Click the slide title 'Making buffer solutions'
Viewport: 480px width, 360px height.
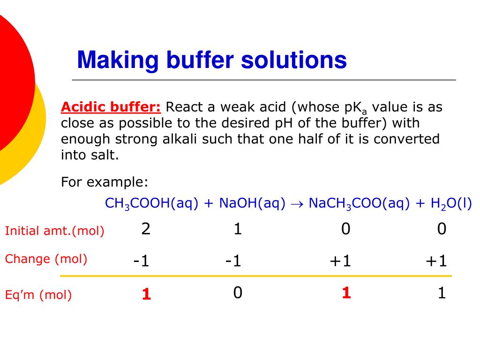tap(212, 60)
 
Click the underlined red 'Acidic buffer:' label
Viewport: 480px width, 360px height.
tap(111, 107)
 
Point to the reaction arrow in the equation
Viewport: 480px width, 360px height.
tap(297, 204)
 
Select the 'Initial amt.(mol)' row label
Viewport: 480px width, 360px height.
tap(54, 231)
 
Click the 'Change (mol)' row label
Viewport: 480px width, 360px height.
tap(46, 259)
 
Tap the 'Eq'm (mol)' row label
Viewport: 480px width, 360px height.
tap(38, 295)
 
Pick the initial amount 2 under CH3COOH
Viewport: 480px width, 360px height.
tap(146, 229)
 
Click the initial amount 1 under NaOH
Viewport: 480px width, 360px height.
tap(238, 229)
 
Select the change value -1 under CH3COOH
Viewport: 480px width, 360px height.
tap(141, 261)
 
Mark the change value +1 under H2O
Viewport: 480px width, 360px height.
tap(436, 261)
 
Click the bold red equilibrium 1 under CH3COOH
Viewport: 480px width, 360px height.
tap(146, 294)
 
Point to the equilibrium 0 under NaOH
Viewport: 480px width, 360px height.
tap(238, 293)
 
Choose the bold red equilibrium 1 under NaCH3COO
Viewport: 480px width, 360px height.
tap(346, 293)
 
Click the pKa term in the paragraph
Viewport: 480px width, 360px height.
tap(355, 108)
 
